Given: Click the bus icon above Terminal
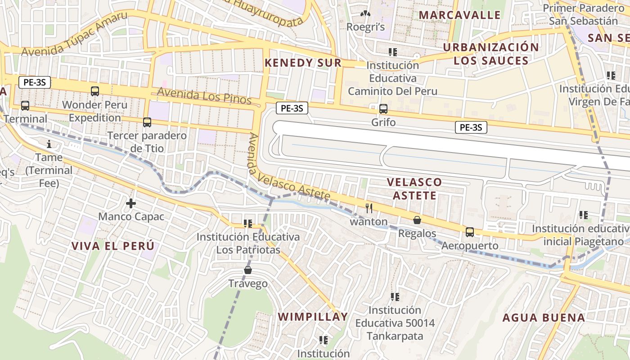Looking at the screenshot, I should pos(25,106).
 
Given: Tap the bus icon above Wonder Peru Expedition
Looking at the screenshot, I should pos(95,91).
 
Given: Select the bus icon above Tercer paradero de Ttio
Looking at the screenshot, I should pos(147,122).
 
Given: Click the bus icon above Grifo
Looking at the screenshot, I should pos(383,108).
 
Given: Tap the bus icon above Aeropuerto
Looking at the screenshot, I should pos(470,232).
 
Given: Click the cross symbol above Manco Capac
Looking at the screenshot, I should pos(131,203).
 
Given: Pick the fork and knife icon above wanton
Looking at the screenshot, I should pos(369,208).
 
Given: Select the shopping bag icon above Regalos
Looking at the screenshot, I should pos(417,220).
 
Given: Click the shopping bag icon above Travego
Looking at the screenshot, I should pos(247,270).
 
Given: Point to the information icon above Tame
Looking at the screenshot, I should pos(49,144).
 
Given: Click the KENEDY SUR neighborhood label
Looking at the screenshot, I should pos(303,63).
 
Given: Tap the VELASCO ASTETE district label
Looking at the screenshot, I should pos(414,189).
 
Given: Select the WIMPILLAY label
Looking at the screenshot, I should pos(313,317).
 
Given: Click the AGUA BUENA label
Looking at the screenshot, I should pos(544,318).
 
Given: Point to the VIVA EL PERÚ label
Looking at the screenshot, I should pos(112,246).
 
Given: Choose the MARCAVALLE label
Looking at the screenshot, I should pos(459,15).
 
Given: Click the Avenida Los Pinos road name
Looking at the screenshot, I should pos(204,95).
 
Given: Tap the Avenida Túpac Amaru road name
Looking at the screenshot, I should pos(74,34).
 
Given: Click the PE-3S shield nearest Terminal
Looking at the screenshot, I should pos(35,82).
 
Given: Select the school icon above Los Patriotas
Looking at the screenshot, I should pos(247,223).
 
